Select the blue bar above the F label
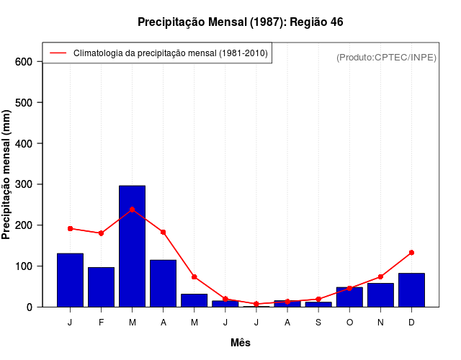click(x=102, y=287)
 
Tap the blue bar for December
click(x=411, y=290)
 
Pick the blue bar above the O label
click(x=349, y=297)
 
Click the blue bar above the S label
click(x=318, y=304)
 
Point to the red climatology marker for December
click(x=411, y=253)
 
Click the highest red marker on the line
click(x=133, y=210)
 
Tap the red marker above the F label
click(x=102, y=233)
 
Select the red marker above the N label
click(x=380, y=276)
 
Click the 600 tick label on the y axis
click(x=24, y=62)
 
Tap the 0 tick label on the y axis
click(x=30, y=307)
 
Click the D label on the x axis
click(x=411, y=323)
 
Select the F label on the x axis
click(x=102, y=323)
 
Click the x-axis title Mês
click(x=241, y=343)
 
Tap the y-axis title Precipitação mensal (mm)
click(x=7, y=175)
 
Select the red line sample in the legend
click(x=58, y=53)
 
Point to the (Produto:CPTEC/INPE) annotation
click(x=386, y=57)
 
